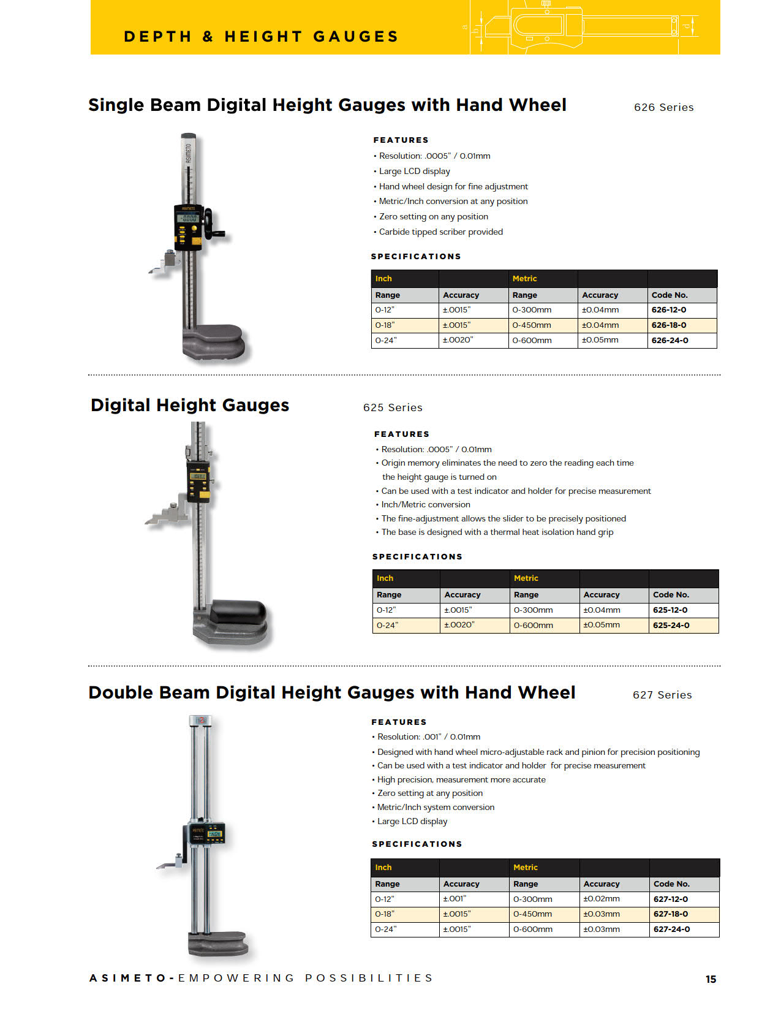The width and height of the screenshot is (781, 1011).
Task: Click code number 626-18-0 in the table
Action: (x=669, y=325)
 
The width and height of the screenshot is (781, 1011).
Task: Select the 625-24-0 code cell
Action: (x=671, y=626)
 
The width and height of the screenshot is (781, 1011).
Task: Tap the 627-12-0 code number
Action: (x=670, y=899)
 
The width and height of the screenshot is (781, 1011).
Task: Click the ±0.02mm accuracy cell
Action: (x=601, y=899)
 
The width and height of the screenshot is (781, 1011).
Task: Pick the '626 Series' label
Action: (x=663, y=107)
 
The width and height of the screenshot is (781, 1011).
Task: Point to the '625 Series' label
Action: (x=393, y=407)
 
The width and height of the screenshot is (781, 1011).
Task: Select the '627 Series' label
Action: (x=662, y=695)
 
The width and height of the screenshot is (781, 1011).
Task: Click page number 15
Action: (x=711, y=979)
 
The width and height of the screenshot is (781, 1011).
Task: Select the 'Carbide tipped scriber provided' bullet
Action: (x=440, y=232)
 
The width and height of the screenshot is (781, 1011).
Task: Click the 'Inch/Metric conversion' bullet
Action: (x=426, y=504)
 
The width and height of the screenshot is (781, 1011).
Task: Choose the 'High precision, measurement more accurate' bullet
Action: (x=461, y=779)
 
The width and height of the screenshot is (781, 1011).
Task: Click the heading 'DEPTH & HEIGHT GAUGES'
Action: (x=261, y=37)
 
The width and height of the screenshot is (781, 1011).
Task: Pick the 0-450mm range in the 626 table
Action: (x=532, y=325)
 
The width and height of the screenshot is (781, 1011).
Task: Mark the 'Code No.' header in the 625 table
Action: (x=671, y=595)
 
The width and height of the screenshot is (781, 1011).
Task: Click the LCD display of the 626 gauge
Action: (x=187, y=218)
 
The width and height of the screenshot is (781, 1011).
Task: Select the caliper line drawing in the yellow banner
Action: (x=582, y=28)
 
